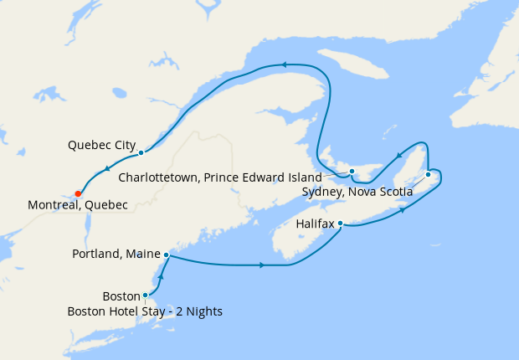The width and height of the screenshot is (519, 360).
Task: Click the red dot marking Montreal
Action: [78, 193]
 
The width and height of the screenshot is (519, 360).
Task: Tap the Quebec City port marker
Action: [141, 152]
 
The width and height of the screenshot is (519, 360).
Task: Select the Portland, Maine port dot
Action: [167, 254]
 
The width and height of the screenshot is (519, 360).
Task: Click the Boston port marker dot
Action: [146, 295]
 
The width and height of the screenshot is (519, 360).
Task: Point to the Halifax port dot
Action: [341, 224]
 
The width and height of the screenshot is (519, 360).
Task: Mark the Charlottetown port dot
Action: [352, 172]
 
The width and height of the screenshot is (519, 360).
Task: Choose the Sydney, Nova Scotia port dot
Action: [428, 174]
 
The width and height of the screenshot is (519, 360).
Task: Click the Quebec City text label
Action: [101, 146]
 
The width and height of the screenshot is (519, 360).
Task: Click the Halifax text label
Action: [315, 224]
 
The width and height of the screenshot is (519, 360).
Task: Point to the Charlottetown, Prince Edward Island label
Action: [220, 177]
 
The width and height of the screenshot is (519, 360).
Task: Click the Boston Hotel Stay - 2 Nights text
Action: [145, 311]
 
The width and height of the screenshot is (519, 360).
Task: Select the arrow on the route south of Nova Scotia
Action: [262, 265]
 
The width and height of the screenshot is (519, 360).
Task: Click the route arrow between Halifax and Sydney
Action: [403, 209]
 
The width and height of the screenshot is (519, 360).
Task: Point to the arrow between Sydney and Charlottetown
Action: [400, 154]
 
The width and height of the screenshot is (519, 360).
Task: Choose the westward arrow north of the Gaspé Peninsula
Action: [285, 64]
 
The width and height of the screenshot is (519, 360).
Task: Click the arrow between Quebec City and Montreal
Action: [108, 172]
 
